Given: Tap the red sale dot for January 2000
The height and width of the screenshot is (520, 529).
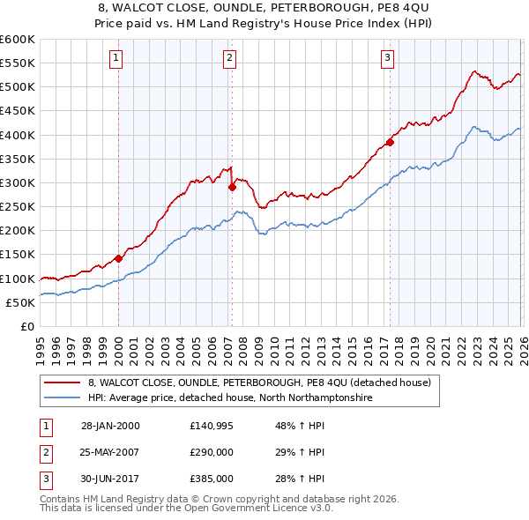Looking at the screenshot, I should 118,259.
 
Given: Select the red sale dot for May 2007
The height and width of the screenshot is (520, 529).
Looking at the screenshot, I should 232,187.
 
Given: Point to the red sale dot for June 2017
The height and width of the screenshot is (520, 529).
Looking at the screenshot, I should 389,142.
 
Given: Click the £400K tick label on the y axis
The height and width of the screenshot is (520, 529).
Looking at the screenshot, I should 18,135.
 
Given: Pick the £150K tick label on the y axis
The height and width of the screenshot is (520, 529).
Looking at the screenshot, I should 18,255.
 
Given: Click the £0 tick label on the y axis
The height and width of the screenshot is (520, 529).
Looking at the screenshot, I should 26,326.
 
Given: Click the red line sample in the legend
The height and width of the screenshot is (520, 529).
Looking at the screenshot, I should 63,383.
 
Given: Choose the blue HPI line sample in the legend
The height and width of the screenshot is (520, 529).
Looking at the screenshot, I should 63,397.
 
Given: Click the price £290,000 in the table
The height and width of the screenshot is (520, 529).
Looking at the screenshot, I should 211,451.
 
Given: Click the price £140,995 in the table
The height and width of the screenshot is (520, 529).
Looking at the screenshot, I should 211,425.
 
